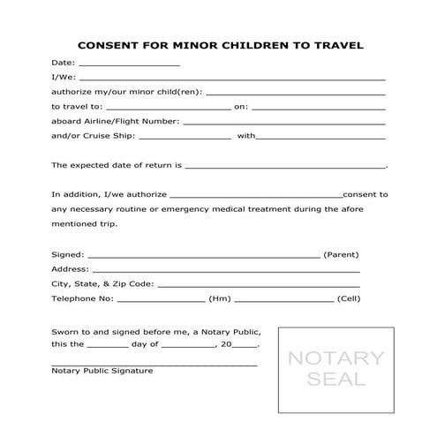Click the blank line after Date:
[x=129, y=65]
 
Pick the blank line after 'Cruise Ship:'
[x=185, y=138]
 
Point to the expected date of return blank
[x=285, y=166]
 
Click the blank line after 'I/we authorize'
[x=255, y=195]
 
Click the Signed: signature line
[x=204, y=255]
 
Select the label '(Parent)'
[x=341, y=254]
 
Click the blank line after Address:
[x=225, y=270]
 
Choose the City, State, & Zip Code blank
[x=259, y=285]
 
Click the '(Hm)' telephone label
[x=219, y=299]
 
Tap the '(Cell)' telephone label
[x=350, y=299]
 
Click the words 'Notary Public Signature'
[x=102, y=371]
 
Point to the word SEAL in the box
[x=336, y=380]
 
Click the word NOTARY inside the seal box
[x=336, y=358]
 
